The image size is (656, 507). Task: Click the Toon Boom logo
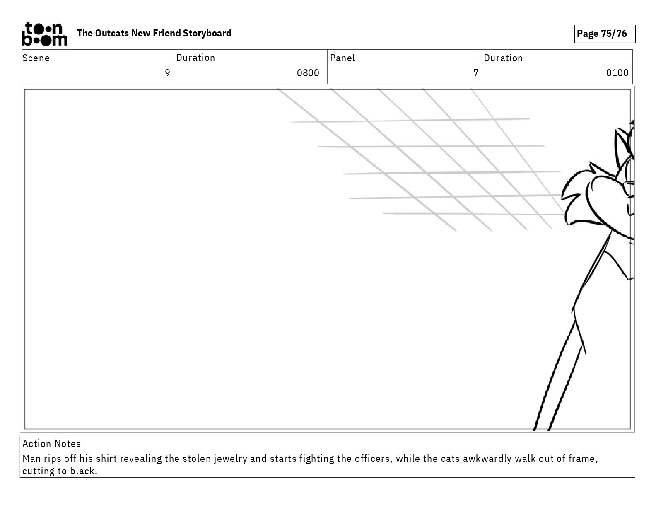pos(44,34)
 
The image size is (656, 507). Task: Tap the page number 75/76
pos(614,34)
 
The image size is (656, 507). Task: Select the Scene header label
pos(36,58)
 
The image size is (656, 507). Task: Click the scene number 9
pos(167,73)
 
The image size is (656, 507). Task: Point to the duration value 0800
pos(308,73)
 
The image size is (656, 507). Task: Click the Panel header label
pos(342,58)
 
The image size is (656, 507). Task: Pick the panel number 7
pos(476,73)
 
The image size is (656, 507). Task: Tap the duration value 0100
pos(617,73)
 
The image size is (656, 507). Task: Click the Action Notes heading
pos(51,444)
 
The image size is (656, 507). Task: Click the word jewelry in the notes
pos(230,459)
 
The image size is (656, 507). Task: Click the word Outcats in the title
pos(112,33)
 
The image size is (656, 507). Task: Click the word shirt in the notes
pos(106,459)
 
